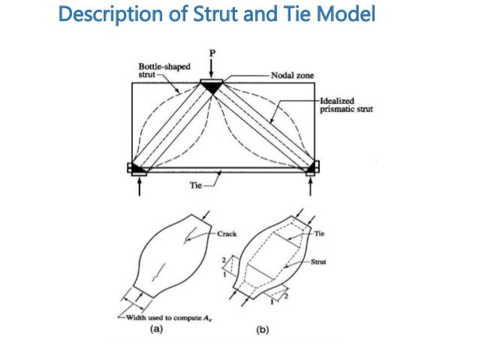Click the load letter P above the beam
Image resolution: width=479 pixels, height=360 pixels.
pyautogui.click(x=212, y=53)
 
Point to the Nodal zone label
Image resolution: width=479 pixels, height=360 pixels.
pyautogui.click(x=293, y=76)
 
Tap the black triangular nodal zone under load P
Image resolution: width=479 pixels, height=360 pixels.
pyautogui.click(x=212, y=86)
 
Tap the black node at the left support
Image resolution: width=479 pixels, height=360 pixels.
pyautogui.click(x=138, y=168)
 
